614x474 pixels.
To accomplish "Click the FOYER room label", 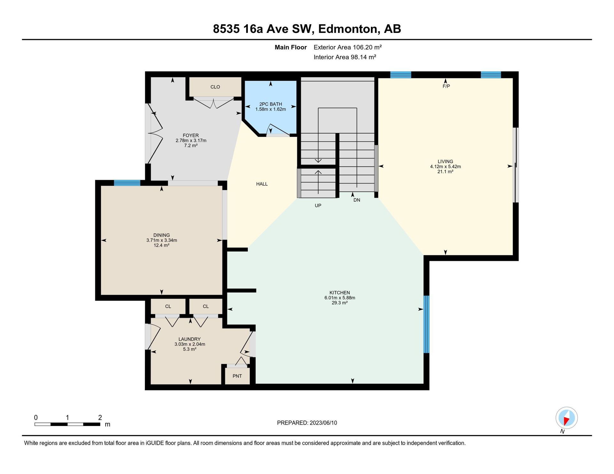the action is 191,136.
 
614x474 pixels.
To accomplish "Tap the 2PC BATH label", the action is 271,104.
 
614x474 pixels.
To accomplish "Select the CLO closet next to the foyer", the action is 215,87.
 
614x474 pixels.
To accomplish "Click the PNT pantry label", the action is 237,376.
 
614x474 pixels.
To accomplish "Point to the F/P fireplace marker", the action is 446,86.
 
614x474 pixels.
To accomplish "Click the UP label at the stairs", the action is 318,206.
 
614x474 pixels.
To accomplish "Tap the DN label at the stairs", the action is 357,200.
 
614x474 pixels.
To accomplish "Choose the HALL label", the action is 262,184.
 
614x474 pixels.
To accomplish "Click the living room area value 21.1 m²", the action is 445,172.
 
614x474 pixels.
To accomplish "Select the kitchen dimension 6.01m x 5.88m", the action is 340,298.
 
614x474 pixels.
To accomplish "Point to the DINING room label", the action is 161,235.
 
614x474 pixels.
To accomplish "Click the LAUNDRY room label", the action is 190,339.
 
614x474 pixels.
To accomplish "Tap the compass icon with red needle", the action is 567,418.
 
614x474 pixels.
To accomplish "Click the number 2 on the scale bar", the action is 100,417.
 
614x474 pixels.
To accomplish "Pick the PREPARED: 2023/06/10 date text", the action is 307,423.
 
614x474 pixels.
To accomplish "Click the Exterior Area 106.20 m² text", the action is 348,47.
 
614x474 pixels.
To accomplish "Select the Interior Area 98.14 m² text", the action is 345,57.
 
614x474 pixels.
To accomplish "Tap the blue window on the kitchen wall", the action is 426,324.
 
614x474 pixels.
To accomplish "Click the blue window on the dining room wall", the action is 127,183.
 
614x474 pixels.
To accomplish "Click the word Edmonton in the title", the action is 348,29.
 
